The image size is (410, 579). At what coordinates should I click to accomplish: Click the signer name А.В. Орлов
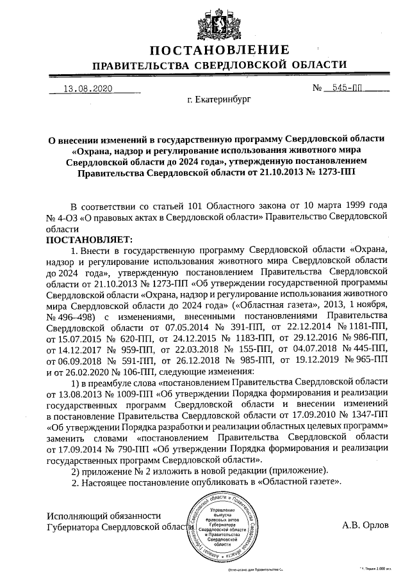(365, 526)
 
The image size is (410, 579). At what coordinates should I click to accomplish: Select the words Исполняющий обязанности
(104, 515)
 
